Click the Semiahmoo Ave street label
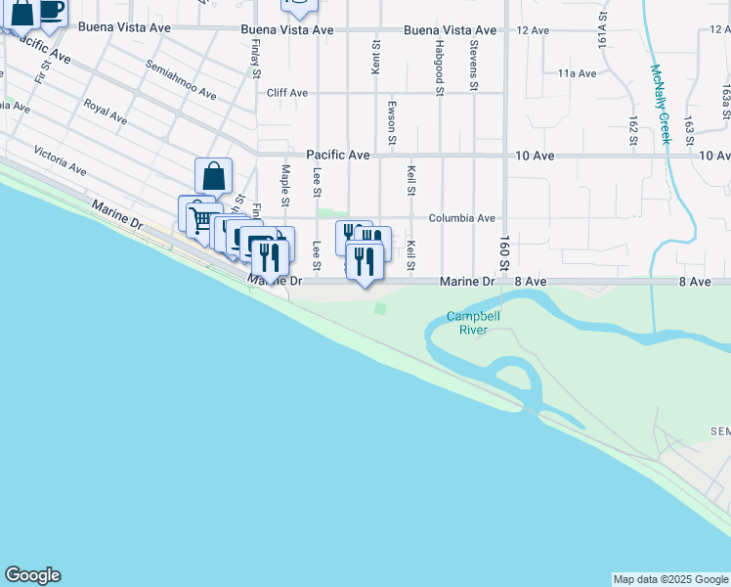coord(181,79)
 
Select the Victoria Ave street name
coord(60,160)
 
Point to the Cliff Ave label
coord(287,93)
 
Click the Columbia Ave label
coord(462,218)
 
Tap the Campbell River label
coord(474,323)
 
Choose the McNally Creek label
coord(661,104)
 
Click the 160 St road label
coord(505,253)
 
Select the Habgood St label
coord(441,60)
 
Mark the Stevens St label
coord(473,61)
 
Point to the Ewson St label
coord(392,121)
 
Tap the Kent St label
coord(375,57)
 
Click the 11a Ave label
coord(577,73)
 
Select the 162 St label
coord(633,128)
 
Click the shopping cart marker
coord(200,219)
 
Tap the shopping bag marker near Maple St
coord(214,177)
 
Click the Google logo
coord(32,575)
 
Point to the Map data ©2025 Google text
coord(669,579)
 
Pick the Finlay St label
coord(255,59)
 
